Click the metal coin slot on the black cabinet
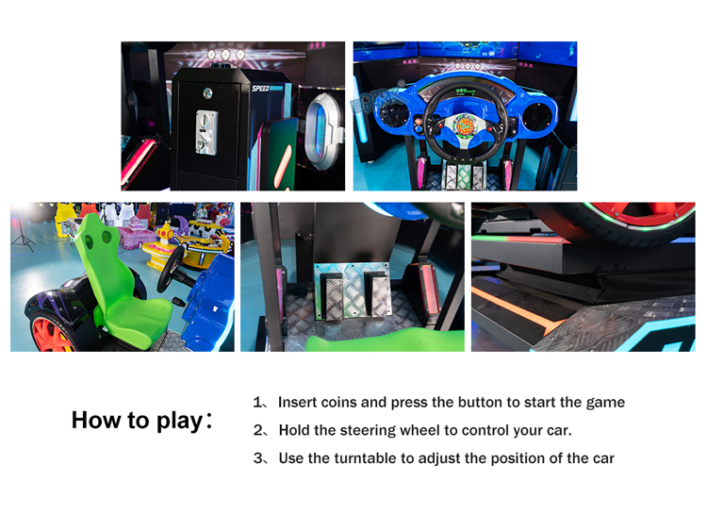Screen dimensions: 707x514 pos(206,133)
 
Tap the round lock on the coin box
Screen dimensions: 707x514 pos(207,93)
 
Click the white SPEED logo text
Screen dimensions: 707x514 pos(260,89)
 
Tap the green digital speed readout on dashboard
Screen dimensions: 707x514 pos(464,91)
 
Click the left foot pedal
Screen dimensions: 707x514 pos(333,294)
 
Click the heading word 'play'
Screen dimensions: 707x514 pos(179,421)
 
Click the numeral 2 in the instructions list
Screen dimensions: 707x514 pos(258,430)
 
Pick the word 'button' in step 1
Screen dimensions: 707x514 pos(480,402)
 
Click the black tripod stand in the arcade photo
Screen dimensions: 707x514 pos(22,232)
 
